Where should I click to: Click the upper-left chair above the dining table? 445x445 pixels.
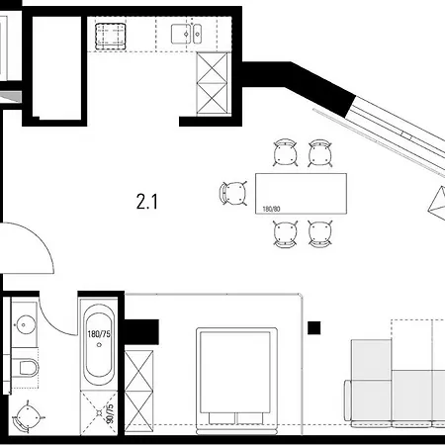tap(286, 153)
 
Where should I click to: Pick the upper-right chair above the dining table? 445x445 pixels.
tap(318, 153)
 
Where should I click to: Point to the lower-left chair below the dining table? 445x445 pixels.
tap(286, 233)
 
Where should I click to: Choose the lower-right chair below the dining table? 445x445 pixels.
tap(318, 233)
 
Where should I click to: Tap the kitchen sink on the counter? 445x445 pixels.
tap(185, 37)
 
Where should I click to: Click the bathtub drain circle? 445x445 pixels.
tap(97, 377)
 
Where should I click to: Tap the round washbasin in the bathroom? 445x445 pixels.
tap(24, 322)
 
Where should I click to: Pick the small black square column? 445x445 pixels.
tap(315, 328)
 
